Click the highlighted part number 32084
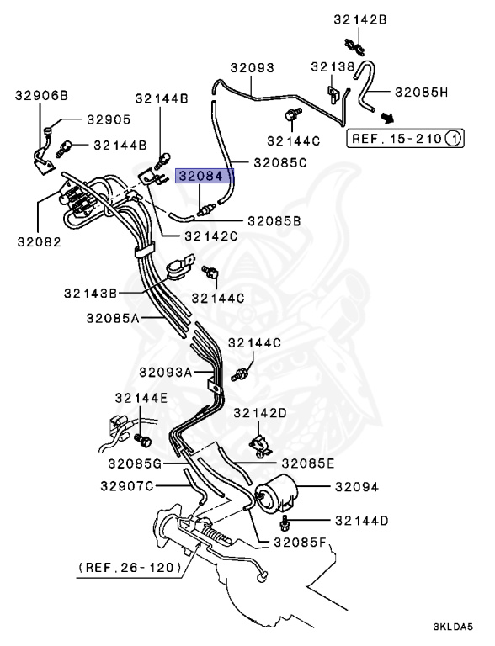pos(200,177)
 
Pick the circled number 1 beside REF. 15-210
pos(453,136)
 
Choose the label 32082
pos(37,241)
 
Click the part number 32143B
pos(89,293)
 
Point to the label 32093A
pos(166,372)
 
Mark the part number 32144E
pos(141,397)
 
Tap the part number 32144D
pos(361,521)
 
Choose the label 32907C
pos(126,485)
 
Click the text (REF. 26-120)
pos(130,568)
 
